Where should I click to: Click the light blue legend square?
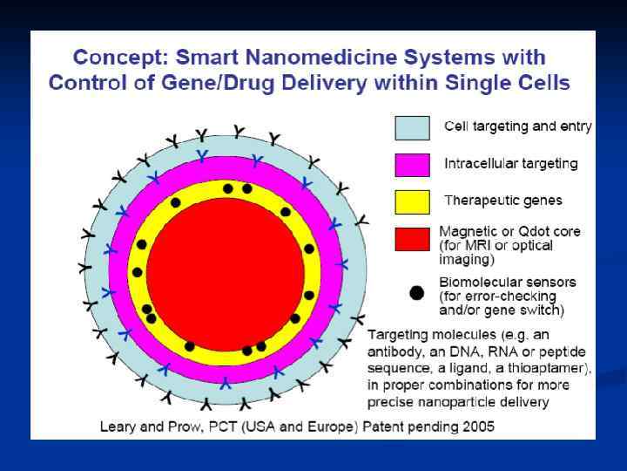tap(412, 127)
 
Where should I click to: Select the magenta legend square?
tap(412, 164)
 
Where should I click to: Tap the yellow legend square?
tap(412, 201)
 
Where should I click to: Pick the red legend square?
tap(412, 238)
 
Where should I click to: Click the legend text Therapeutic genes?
tap(503, 201)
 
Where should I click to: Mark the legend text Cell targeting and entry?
tap(518, 126)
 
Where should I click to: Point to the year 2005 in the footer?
tap(475, 427)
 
